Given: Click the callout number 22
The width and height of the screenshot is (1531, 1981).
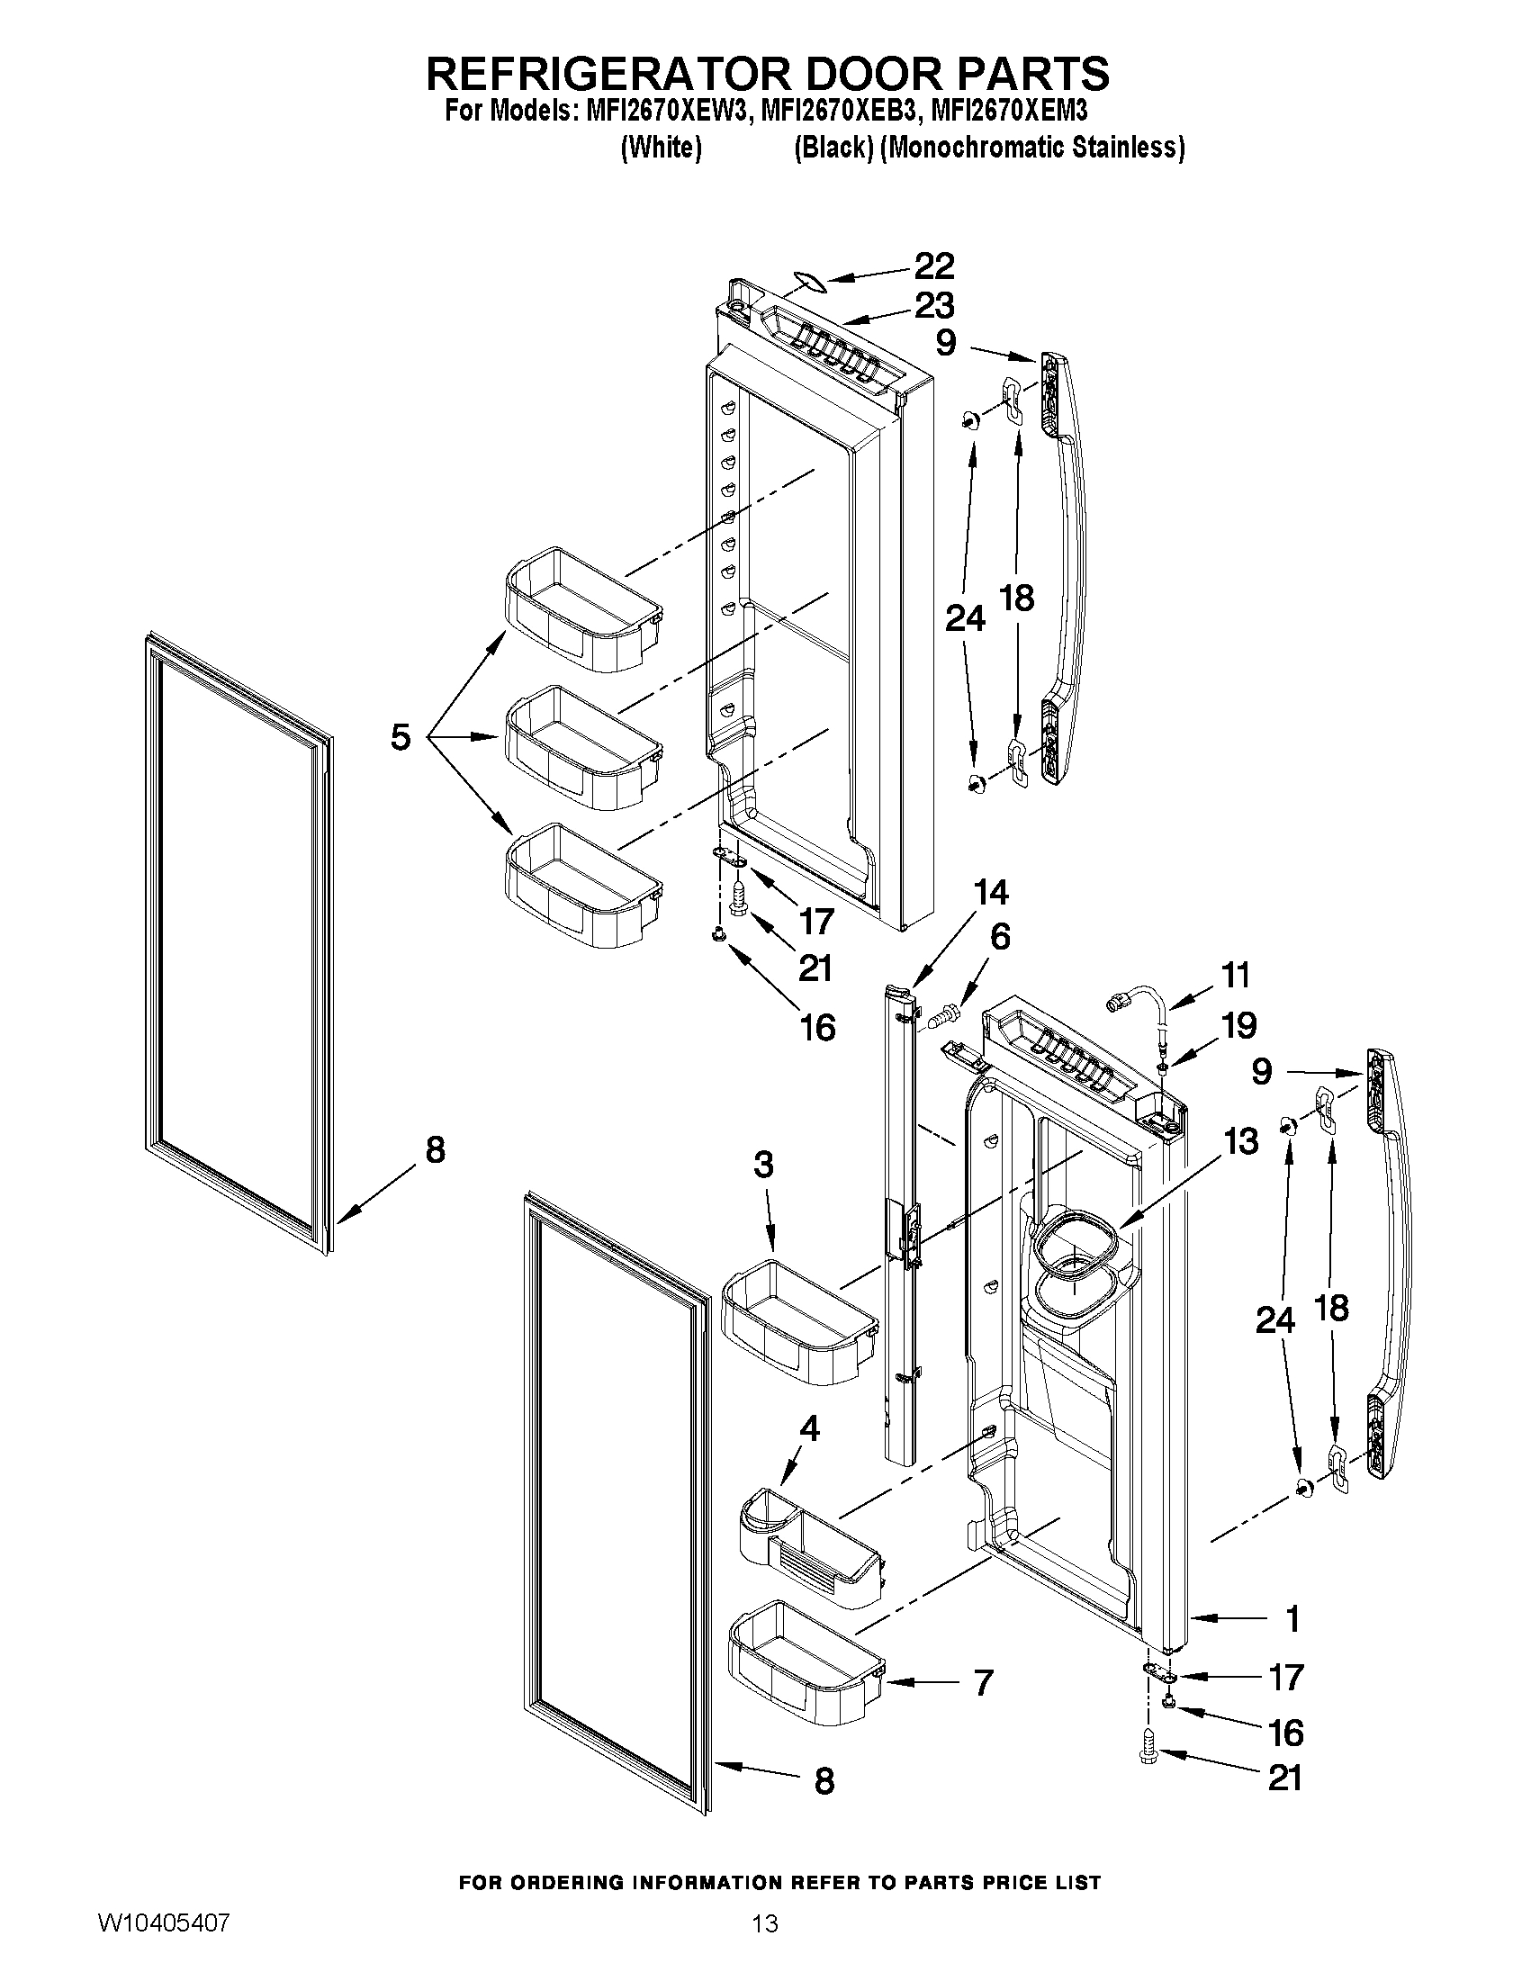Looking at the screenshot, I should (933, 266).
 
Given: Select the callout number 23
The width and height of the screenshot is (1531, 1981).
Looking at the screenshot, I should (933, 306).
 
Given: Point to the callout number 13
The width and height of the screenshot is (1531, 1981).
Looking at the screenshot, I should (1239, 1141).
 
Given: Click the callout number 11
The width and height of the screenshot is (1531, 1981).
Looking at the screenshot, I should (1235, 975).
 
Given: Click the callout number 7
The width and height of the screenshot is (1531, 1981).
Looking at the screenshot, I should (982, 1682).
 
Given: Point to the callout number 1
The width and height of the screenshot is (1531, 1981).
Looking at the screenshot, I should (1292, 1619).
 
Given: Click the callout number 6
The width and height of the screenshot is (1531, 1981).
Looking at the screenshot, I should (999, 936).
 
